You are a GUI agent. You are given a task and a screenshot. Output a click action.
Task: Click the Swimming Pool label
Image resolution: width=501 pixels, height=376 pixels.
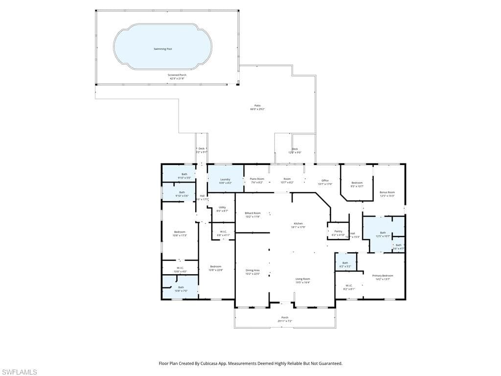pyautogui.click(x=163, y=49)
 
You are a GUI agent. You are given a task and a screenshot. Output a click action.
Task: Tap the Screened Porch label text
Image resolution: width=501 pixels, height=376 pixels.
pyautogui.click(x=177, y=75)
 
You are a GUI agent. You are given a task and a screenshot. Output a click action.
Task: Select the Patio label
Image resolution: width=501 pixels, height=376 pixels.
pyautogui.click(x=257, y=106)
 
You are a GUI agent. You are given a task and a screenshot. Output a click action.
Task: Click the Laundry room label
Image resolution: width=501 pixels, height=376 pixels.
pyautogui.click(x=225, y=180)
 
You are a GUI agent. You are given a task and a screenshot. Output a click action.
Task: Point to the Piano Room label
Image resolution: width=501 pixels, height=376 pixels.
pyautogui.click(x=257, y=180)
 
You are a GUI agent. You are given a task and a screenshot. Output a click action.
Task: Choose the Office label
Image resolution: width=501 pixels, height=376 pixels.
pyautogui.click(x=325, y=181)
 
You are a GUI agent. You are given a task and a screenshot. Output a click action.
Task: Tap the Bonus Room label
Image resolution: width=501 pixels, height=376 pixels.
pyautogui.click(x=387, y=192)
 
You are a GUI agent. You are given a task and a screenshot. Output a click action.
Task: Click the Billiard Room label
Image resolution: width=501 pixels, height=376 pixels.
pyautogui.click(x=253, y=213)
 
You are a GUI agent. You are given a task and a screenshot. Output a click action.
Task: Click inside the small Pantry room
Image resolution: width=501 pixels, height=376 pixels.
pyautogui.click(x=338, y=232)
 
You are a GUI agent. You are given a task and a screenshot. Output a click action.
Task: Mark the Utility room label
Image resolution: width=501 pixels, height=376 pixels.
pyautogui.click(x=222, y=208)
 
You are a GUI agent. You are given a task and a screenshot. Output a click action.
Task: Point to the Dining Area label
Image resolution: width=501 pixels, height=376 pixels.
pyautogui.click(x=252, y=271)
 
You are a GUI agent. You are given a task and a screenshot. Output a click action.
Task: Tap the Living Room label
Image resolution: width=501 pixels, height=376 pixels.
pyautogui.click(x=303, y=279)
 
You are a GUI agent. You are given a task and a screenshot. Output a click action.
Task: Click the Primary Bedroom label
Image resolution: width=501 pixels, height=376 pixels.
pyautogui.click(x=383, y=276)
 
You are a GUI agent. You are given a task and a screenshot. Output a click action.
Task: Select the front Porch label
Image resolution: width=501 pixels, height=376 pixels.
pyautogui.click(x=285, y=318)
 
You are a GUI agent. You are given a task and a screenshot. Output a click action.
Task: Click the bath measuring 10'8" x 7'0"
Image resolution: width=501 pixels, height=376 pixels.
pyautogui.click(x=181, y=288)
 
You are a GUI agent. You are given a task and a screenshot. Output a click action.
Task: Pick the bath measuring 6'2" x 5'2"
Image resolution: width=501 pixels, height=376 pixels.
pyautogui.click(x=345, y=264)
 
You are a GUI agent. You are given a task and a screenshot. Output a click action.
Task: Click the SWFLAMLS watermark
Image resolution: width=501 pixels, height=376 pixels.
pyautogui.click(x=19, y=372)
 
